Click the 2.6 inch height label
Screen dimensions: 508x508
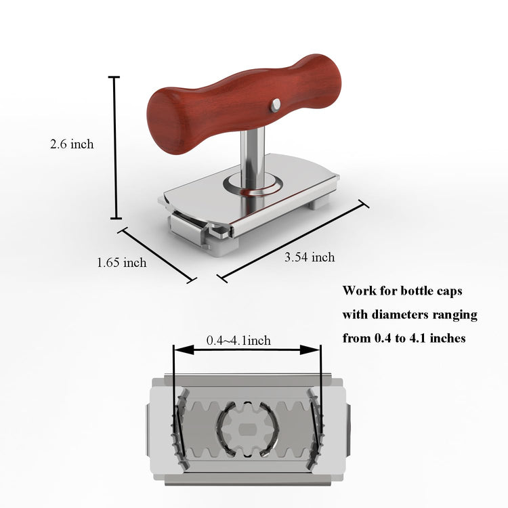coord(72,144)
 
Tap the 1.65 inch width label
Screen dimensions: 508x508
coord(122,262)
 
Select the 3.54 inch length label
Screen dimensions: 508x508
coord(310,257)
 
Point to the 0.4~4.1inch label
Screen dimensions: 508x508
coord(238,341)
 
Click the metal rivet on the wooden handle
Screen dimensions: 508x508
coord(276,105)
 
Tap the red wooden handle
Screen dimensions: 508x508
coord(244,103)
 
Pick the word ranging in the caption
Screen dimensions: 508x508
coord(459,315)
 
